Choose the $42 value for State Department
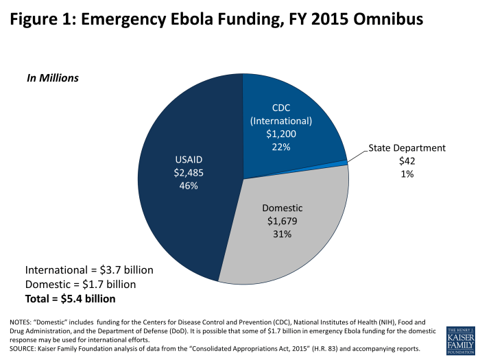(407, 161)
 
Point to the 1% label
(407, 174)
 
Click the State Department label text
(407, 147)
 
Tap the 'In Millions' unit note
(53, 78)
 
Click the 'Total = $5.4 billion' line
(71, 299)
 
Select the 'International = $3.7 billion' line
(89, 269)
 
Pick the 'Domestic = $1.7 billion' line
(80, 284)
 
